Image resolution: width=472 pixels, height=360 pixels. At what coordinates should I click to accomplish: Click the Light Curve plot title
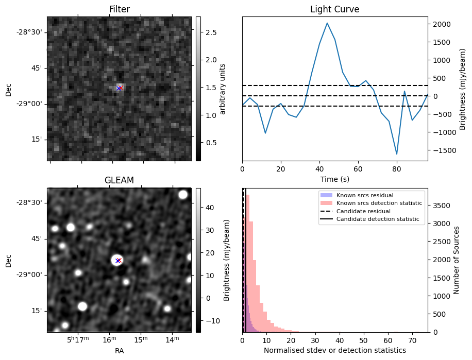click(x=334, y=10)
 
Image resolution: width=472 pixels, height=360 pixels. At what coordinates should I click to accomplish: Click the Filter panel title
click(x=119, y=10)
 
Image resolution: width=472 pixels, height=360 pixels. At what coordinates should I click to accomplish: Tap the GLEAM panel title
click(x=119, y=180)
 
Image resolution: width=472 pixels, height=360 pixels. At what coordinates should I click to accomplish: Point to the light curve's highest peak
click(x=327, y=23)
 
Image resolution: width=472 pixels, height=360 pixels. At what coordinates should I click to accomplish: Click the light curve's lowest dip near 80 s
click(x=397, y=154)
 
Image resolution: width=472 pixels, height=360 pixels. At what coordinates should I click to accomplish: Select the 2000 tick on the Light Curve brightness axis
click(x=442, y=24)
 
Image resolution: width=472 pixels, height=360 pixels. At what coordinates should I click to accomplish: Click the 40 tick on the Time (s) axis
click(x=319, y=169)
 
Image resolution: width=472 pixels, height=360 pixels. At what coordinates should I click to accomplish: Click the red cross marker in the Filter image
click(x=121, y=88)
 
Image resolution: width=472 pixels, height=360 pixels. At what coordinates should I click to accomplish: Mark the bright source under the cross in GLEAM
click(x=116, y=260)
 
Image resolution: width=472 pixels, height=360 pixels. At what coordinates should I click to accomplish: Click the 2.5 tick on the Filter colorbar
click(x=210, y=32)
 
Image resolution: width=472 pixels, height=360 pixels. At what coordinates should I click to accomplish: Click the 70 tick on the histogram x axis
click(x=412, y=340)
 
